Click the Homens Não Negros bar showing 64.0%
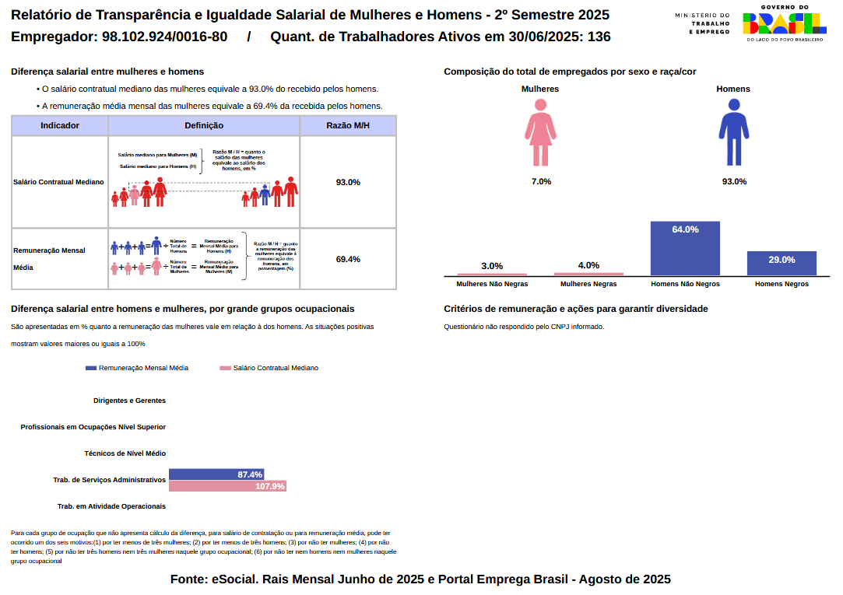pos(685,248)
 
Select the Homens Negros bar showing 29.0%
pos(782,263)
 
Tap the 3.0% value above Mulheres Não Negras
pos(492,266)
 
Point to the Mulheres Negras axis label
pos(588,284)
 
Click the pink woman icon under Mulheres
pos(540,138)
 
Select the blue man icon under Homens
pos(733,138)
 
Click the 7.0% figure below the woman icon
pos(541,181)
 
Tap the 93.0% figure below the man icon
pos(734,181)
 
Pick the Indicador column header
pos(60,125)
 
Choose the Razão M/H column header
pos(348,125)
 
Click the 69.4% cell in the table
pos(348,259)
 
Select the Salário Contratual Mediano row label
pos(58,182)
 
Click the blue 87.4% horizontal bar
pos(216,474)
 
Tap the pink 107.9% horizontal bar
pos(227,486)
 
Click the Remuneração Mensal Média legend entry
pos(137,368)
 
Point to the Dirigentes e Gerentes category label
pos(129,401)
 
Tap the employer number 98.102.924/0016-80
pos(164,37)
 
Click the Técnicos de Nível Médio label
pos(125,453)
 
